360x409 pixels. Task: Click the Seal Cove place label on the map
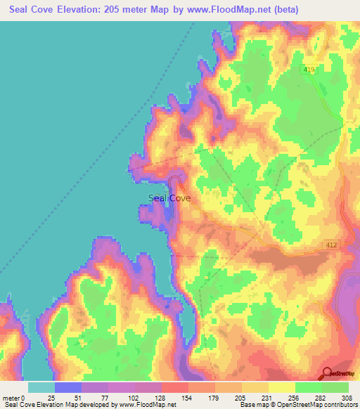click(170, 198)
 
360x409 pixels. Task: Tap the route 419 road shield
click(310, 70)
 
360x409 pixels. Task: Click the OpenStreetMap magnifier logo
click(328, 374)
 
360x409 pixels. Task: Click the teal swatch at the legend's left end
click(41, 387)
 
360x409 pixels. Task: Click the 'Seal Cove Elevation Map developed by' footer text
click(59, 405)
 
